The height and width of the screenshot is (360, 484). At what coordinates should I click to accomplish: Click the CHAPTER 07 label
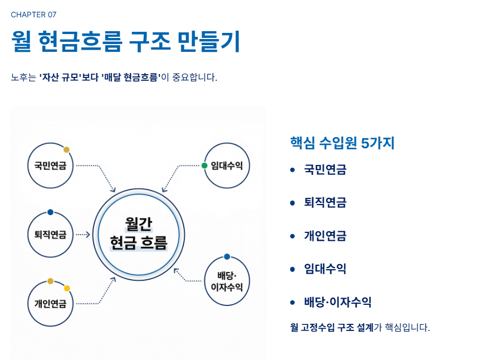33,14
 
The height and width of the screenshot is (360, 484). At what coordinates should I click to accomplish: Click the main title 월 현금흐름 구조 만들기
125,41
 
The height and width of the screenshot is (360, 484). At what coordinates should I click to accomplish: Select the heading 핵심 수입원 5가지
342,143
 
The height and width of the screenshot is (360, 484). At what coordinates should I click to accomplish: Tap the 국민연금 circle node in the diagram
50,166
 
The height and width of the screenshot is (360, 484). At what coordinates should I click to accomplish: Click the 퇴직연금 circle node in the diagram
50,235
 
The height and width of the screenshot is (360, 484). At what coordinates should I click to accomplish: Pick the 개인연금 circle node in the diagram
50,304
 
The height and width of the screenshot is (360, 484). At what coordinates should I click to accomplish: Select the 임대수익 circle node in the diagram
227,166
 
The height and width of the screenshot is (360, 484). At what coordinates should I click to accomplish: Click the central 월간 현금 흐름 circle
139,235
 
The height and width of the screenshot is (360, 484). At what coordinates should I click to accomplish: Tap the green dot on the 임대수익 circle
204,166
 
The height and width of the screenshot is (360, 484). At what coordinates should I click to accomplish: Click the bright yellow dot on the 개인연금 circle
67,288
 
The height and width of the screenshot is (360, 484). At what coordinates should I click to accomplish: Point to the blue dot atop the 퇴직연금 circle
50,212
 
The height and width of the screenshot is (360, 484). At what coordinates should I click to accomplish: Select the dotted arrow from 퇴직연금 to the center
82,235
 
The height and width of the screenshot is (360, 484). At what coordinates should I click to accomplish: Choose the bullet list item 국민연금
325,170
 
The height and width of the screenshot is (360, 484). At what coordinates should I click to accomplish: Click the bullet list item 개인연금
325,236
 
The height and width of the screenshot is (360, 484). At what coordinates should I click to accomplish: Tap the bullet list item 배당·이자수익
338,303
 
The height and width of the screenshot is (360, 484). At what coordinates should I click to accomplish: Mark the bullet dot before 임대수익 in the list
292,269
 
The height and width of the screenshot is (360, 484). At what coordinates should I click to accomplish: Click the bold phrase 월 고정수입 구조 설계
332,327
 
